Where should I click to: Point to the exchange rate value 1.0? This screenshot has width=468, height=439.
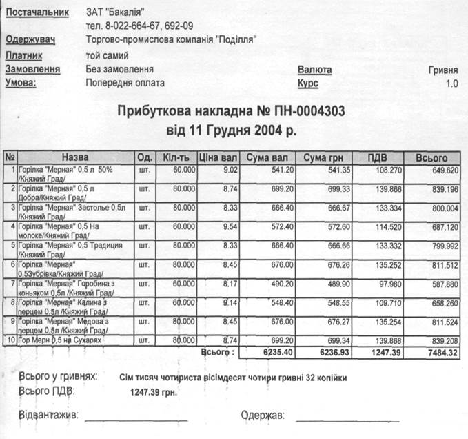coord(451,84)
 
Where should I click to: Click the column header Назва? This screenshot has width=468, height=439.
coord(74,158)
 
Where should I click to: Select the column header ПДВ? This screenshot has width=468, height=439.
coord(376,158)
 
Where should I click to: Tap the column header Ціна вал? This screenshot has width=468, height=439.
coord(218,158)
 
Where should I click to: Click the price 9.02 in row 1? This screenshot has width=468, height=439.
coord(231,170)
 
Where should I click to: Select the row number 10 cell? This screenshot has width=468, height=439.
coord(10,340)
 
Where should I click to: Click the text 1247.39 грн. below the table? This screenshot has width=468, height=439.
coord(156,392)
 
